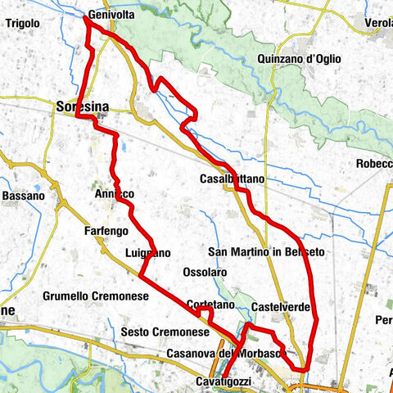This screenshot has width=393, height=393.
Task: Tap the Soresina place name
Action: tap(84, 106)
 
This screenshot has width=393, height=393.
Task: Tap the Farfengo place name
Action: tap(104, 232)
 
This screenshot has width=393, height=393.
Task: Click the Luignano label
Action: tap(148, 253)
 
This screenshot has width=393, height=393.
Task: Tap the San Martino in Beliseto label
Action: tap(267, 251)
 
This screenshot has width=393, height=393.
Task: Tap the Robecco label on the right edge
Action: tap(375, 164)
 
